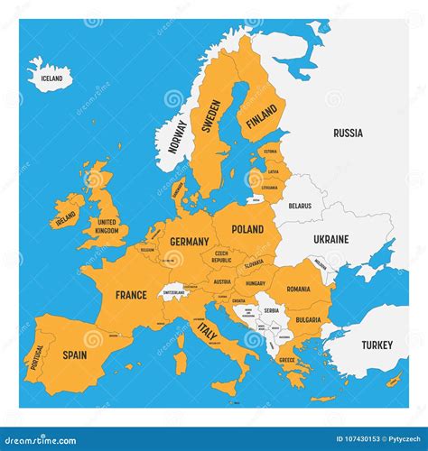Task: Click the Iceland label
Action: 52,78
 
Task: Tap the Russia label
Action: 348,133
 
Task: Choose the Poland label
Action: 247,231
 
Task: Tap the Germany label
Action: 189,241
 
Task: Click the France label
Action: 131,295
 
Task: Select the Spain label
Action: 76,355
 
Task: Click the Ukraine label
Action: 330,239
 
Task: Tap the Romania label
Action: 299,289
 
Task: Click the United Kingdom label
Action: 107,225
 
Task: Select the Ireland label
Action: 65,219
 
